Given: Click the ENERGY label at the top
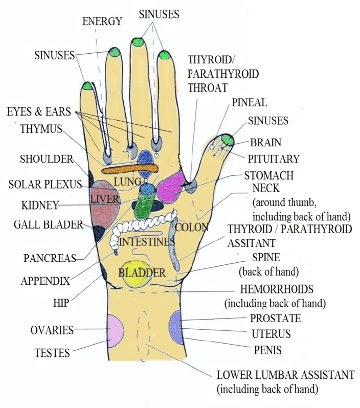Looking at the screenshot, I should (x=102, y=21).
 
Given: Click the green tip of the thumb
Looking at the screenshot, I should (x=228, y=139).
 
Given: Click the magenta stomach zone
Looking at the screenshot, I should (x=171, y=187).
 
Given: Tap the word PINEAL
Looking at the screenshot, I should (x=249, y=102).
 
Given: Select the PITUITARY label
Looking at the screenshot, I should (x=274, y=158).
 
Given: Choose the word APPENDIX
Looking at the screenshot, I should (x=45, y=281).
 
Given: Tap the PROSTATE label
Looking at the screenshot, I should (x=275, y=319).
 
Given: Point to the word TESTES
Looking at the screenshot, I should (x=52, y=352).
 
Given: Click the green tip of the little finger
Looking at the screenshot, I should (x=86, y=85).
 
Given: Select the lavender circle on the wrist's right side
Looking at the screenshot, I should (x=176, y=326).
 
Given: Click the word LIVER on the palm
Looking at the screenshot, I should (x=104, y=199).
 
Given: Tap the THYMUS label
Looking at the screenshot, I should (x=41, y=129).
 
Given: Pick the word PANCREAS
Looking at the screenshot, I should (x=50, y=258).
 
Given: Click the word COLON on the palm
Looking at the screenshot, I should (x=192, y=227).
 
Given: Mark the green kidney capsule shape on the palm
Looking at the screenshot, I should (x=146, y=208).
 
